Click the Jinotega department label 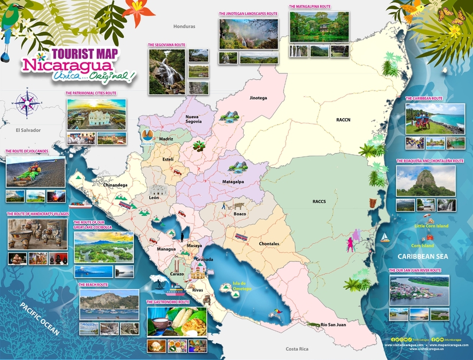pos(258,98)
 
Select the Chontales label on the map pos(268,244)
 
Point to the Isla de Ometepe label pos(242,287)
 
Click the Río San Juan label pos(333,324)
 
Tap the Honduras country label pos(185,26)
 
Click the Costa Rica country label pos(297,349)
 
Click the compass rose pos(27,102)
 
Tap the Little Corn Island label pos(431,226)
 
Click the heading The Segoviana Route pos(167,44)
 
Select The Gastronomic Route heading pos(167,302)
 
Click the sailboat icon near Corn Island pos(385,237)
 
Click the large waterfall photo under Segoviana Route pos(167,71)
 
